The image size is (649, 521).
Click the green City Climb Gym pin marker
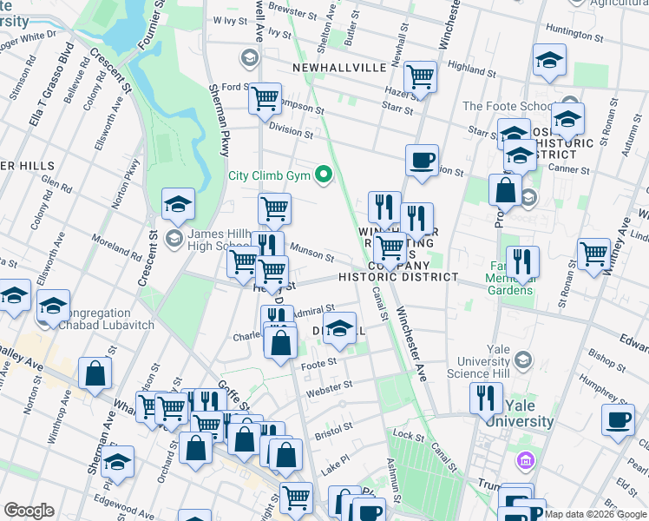tap(325, 175)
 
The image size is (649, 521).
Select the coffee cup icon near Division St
tap(422, 161)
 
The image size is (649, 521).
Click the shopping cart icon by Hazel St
tap(420, 76)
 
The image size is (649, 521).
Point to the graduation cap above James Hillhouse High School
tap(178, 205)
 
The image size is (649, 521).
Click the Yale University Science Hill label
tap(498, 361)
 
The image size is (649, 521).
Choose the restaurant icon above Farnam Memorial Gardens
tap(523, 261)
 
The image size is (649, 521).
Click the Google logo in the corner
tap(29, 511)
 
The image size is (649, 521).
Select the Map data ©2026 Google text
tap(594, 514)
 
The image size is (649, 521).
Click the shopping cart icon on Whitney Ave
tap(594, 254)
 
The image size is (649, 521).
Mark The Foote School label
tap(507, 107)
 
